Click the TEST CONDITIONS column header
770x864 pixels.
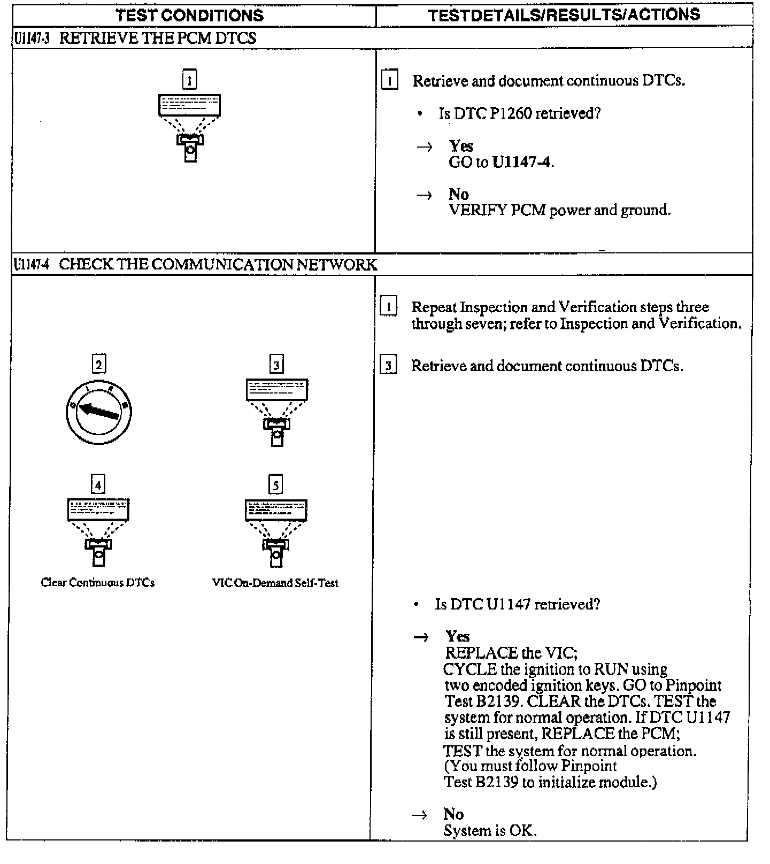coord(190,15)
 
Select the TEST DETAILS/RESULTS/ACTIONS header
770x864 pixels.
coord(564,15)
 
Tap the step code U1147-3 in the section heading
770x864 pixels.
coord(32,38)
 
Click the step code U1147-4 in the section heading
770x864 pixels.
coord(32,265)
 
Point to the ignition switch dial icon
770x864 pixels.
coord(99,411)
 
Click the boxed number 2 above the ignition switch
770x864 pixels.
coord(99,365)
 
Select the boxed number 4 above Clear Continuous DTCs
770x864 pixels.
coord(98,485)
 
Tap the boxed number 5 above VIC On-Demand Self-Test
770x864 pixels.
coord(275,485)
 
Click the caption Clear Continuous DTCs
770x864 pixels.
coord(98,583)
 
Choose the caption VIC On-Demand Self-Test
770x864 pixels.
coord(275,583)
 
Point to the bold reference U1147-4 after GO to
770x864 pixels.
coord(521,162)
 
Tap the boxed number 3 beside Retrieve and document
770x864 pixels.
coord(388,366)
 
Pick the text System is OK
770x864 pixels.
coord(490,830)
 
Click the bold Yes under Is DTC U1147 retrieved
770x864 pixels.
coord(457,636)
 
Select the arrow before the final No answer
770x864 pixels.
coord(420,815)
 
